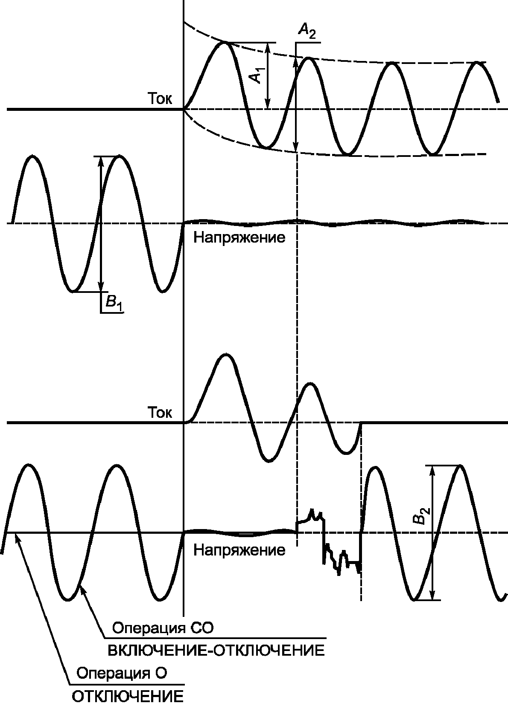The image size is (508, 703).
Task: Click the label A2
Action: [x=307, y=32]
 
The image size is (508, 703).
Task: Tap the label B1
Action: [x=113, y=303]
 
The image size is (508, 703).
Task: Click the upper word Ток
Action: [x=160, y=99]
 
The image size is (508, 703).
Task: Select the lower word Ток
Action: [x=160, y=413]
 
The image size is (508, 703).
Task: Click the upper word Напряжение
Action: [x=239, y=237]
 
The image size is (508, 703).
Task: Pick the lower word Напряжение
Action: [x=239, y=550]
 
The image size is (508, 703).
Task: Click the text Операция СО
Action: [x=162, y=628]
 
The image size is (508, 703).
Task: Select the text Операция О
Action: [x=121, y=674]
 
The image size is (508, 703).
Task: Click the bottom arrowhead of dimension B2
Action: [x=433, y=596]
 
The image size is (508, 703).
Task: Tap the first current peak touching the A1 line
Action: [x=225, y=43]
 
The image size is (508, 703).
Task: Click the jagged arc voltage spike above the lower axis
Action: [x=312, y=514]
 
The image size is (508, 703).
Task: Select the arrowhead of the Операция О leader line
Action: [x=18, y=538]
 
